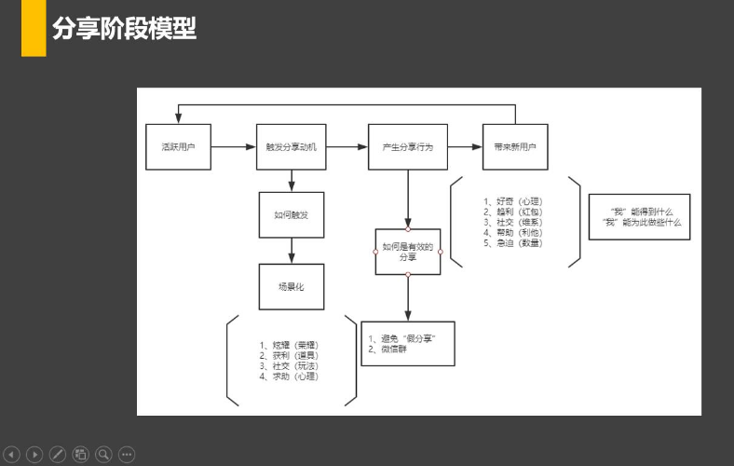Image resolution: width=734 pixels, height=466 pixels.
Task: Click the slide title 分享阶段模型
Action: [124, 29]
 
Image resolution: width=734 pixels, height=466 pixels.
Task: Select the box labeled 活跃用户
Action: [177, 146]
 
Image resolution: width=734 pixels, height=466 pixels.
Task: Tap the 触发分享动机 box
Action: [292, 146]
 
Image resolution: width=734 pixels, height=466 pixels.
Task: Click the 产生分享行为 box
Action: [407, 146]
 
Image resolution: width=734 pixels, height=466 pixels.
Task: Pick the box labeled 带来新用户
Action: [515, 146]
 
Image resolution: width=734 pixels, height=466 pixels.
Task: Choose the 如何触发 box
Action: [292, 214]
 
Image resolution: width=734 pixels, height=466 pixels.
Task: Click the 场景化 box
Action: [292, 286]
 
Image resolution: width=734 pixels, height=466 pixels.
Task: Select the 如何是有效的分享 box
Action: [408, 251]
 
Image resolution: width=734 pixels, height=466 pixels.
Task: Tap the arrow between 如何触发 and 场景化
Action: [292, 250]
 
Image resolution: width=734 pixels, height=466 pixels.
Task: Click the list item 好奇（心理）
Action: [512, 200]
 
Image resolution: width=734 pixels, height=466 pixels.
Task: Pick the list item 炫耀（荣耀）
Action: [289, 345]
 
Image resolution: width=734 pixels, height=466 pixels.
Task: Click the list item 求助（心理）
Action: [289, 377]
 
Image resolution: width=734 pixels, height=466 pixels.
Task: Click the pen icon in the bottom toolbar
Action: [58, 455]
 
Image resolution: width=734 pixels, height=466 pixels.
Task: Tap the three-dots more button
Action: [127, 455]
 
